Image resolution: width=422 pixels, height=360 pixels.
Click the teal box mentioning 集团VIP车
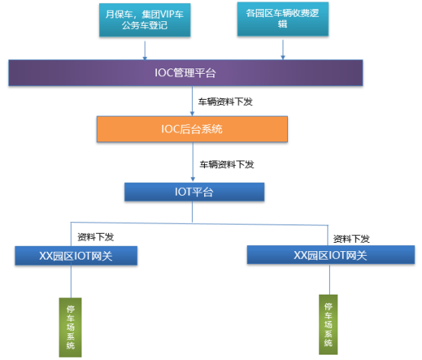144,19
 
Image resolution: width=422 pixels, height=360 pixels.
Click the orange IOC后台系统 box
192,129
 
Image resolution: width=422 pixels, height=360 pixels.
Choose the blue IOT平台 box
194,192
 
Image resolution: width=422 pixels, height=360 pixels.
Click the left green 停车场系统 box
71,327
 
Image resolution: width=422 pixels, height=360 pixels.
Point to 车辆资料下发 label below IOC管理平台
225,100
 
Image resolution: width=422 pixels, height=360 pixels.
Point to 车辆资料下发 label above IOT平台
226,164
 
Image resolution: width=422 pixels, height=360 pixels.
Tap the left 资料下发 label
96,237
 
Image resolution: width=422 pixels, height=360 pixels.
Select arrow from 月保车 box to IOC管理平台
144,49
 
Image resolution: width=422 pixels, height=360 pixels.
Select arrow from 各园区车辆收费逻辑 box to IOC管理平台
283,48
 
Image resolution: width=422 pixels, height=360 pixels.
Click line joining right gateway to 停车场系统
328,279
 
